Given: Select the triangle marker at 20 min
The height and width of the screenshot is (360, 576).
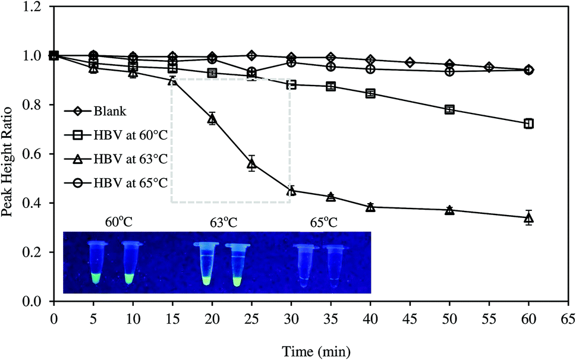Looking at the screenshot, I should (212, 119).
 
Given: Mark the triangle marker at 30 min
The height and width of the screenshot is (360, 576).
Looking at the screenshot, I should (291, 191).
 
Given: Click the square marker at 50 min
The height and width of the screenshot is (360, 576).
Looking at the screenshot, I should (450, 109).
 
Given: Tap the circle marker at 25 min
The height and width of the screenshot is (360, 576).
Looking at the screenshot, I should (252, 72).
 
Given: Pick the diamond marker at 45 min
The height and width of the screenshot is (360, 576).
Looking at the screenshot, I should (410, 62).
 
